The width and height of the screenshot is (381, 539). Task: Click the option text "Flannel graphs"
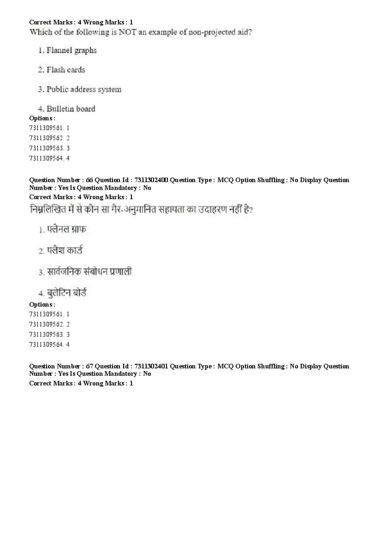point(71,50)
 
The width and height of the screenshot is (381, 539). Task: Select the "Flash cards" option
point(66,70)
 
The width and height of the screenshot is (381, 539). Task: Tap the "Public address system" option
point(84,89)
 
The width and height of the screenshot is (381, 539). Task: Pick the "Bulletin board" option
point(71,109)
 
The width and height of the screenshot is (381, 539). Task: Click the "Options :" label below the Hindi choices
point(42,304)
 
